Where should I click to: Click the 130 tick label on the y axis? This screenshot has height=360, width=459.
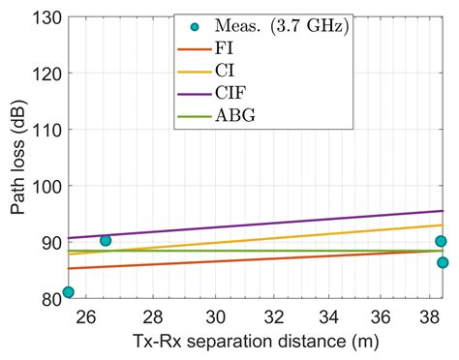tap(46, 17)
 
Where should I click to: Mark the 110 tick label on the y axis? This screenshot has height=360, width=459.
tap(46, 130)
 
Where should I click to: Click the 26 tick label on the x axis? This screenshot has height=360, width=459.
tap(87, 316)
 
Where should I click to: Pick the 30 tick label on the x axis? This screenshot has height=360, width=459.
tap(218, 316)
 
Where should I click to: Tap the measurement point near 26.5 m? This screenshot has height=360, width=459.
tap(106, 240)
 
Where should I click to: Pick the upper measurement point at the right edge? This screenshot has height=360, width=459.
tap(442, 241)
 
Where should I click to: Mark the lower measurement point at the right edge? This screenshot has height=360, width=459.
tap(443, 262)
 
